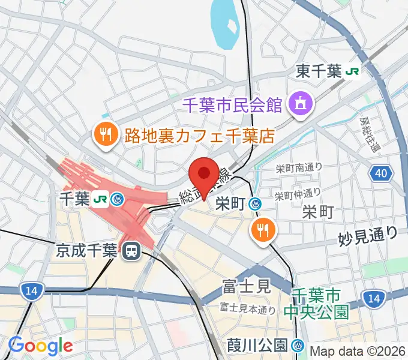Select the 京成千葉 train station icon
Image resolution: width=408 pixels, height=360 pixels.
(129, 252)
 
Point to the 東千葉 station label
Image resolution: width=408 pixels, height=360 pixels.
(319, 72)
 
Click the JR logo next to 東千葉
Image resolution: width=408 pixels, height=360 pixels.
(352, 72)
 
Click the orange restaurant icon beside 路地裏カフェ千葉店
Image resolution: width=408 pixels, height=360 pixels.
(105, 134)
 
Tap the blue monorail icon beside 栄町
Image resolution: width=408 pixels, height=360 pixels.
(256, 205)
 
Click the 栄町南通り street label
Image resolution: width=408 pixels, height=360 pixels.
(299, 167)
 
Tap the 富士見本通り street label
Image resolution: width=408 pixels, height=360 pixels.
(247, 309)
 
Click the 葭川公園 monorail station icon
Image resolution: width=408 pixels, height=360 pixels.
(298, 346)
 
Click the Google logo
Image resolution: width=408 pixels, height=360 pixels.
(40, 345)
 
